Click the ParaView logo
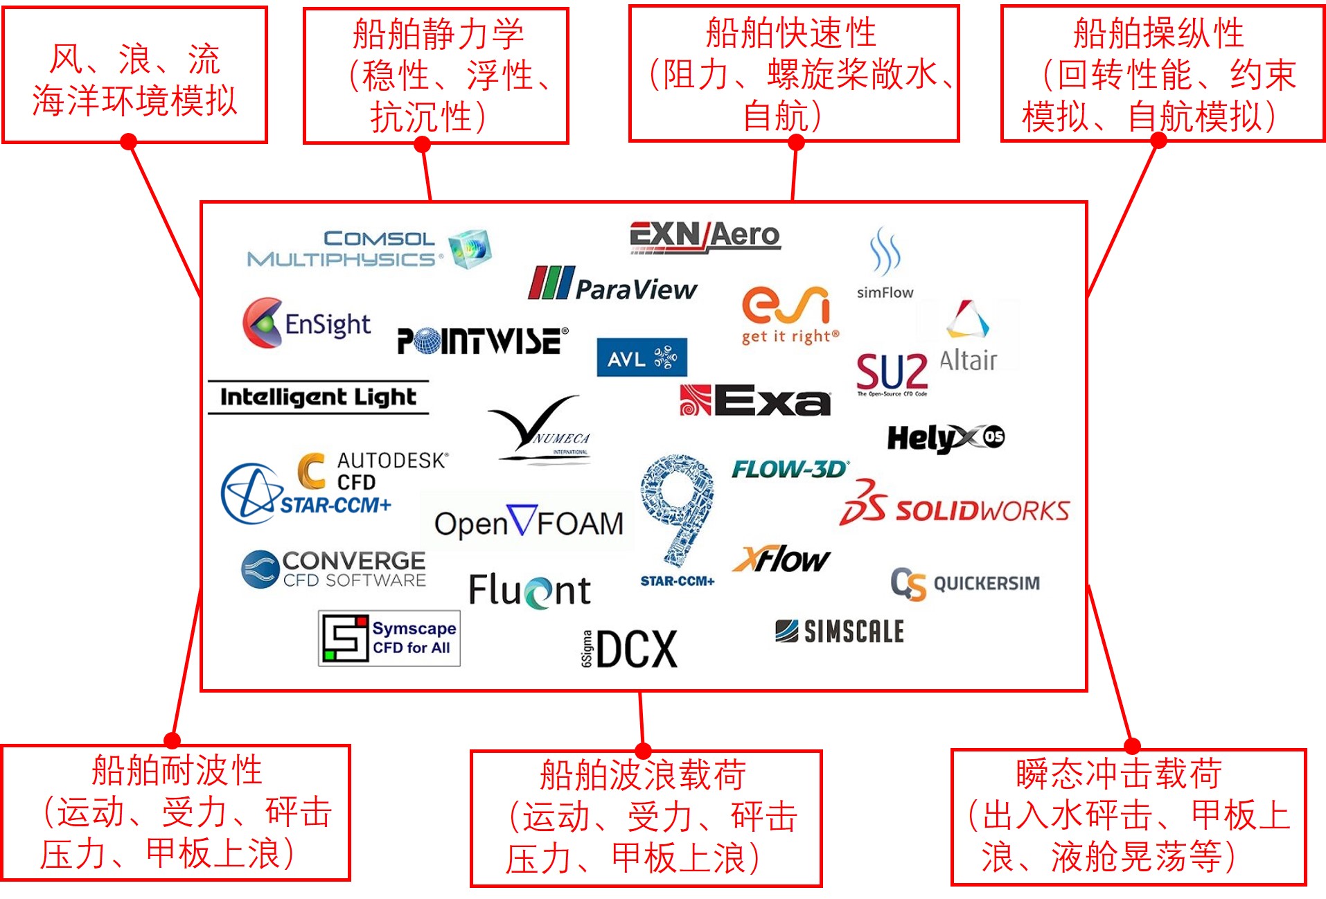coord(612,284)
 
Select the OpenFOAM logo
coord(529,523)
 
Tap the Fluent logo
coord(530,591)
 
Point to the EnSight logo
coord(307,323)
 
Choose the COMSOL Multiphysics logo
coord(369,249)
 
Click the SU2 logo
coord(892,373)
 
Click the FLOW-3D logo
coord(790,470)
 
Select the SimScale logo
coord(840,631)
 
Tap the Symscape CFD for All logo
coord(389,638)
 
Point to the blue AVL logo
coord(642,357)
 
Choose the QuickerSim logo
coord(965,583)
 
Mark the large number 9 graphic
coord(678,509)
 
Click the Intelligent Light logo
coord(318,397)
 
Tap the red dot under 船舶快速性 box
coord(796,143)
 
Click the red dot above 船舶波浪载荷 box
coord(643,751)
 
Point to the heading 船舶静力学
coord(438,34)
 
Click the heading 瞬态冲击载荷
coord(1119,774)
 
